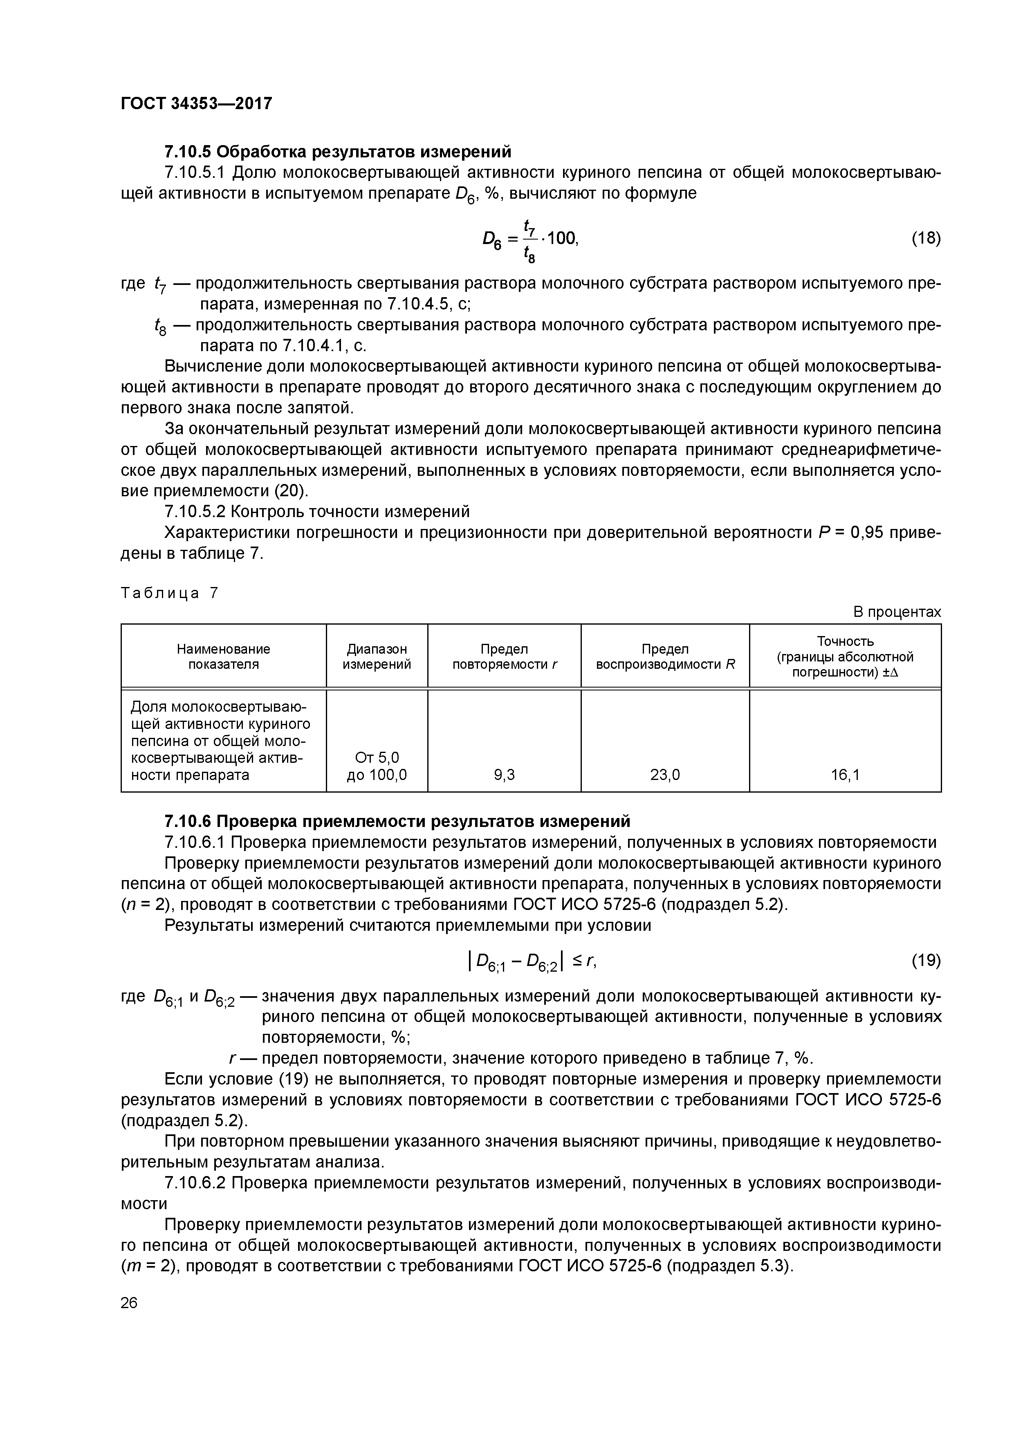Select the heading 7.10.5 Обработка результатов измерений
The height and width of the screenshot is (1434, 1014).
click(x=337, y=152)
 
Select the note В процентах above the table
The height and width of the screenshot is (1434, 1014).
click(x=897, y=612)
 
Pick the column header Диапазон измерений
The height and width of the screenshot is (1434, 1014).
click(x=377, y=657)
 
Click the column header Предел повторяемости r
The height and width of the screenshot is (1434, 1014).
click(x=504, y=657)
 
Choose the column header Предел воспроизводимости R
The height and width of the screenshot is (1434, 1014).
click(x=665, y=657)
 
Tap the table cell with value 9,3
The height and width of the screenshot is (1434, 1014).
click(x=504, y=775)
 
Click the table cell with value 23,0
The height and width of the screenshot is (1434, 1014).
click(x=665, y=775)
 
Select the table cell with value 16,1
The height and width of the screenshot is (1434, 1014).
click(x=845, y=775)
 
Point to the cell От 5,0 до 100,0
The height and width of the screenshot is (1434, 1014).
click(x=377, y=766)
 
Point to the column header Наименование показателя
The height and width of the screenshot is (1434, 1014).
click(x=223, y=657)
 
